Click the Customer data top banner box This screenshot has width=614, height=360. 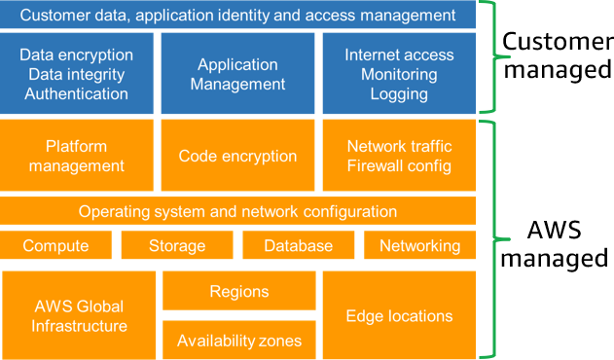[238, 16]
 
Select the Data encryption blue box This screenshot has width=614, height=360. [76, 74]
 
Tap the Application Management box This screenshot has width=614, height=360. [238, 74]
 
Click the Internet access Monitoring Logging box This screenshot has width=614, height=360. [399, 74]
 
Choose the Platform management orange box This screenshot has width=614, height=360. [76, 156]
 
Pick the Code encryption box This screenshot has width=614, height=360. [238, 156]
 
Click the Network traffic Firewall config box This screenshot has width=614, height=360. [399, 156]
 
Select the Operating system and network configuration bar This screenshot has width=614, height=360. [238, 211]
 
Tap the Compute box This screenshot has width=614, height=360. [55, 246]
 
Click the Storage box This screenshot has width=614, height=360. [176, 246]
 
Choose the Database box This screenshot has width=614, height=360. [299, 246]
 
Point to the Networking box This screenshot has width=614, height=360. [419, 246]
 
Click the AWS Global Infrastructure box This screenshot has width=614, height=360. [79, 315]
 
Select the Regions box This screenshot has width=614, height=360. [238, 291]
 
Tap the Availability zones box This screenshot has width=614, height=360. [238, 341]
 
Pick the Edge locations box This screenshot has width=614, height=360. [399, 315]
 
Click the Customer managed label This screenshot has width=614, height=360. [556, 56]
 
